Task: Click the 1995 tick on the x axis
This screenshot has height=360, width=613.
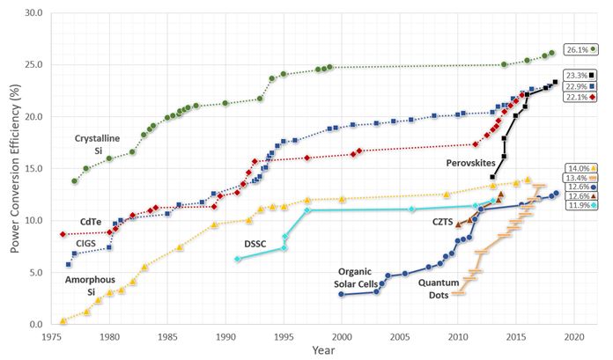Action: (284, 335)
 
